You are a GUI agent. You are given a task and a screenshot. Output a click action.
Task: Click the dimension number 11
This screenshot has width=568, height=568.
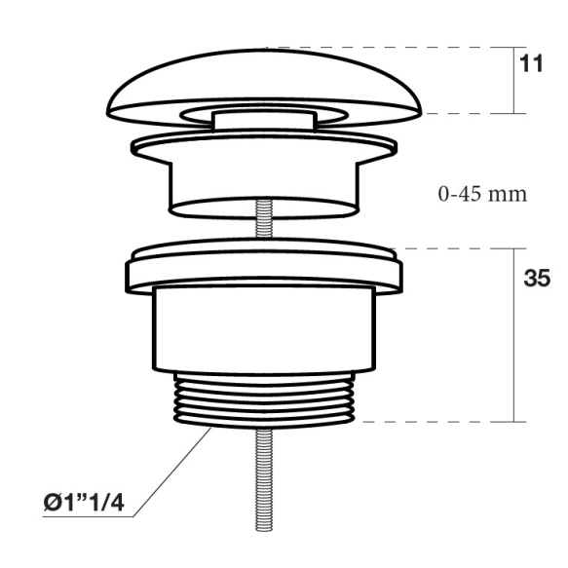click(x=531, y=63)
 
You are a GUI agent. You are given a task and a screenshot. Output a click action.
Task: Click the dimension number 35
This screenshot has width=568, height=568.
click(x=537, y=279)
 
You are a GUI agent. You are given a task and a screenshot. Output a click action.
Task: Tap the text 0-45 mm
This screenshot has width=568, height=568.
click(x=482, y=194)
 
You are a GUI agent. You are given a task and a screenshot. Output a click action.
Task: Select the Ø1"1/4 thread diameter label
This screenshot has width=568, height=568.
click(x=84, y=503)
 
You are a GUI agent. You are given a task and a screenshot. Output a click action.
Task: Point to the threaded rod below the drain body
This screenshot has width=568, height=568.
click(x=264, y=479)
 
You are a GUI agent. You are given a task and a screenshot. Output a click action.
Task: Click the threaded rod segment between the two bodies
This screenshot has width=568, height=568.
click(x=264, y=218)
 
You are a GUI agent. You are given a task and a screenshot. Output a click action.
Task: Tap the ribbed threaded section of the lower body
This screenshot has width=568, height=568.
click(x=264, y=399)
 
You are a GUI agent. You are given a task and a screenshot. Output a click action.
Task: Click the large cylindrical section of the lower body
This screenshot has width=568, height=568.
click(x=264, y=329)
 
